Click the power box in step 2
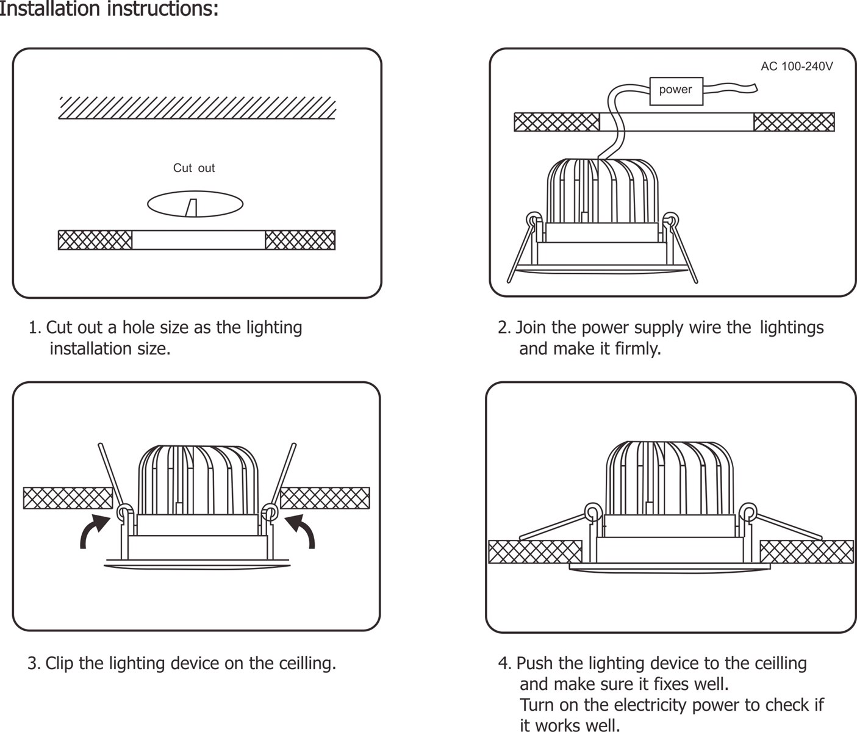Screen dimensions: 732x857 click(676, 91)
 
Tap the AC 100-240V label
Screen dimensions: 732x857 click(796, 66)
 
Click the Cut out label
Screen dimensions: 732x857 click(194, 168)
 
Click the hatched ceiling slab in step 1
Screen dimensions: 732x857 click(197, 107)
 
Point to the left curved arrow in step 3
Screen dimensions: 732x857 click(93, 530)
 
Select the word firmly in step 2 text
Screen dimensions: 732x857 click(637, 349)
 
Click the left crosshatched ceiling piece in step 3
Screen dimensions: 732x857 click(67, 498)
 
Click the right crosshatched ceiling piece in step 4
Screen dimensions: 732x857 click(806, 551)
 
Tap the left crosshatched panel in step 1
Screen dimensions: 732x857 click(95, 240)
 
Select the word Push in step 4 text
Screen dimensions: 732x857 click(535, 663)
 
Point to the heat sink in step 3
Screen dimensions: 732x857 click(198, 479)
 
